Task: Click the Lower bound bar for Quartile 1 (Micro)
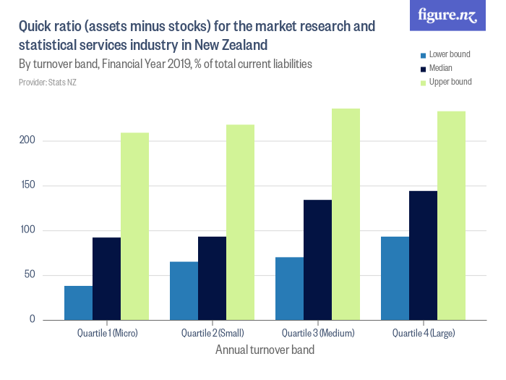[x=78, y=303]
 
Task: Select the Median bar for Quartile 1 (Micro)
[x=106, y=279]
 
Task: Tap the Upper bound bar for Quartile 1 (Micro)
[x=134, y=226]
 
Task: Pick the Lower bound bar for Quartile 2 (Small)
[x=184, y=290]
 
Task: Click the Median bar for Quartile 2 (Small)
[x=212, y=278]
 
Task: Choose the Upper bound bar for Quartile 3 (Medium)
[x=346, y=214]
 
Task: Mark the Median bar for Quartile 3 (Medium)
[x=317, y=260]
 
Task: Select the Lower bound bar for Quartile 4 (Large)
[x=395, y=278]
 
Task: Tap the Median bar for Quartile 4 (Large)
[x=423, y=256]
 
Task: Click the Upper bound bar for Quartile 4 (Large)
[x=451, y=216]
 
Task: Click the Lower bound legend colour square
[x=423, y=55]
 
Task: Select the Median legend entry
[x=440, y=69]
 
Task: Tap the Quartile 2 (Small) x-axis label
[x=212, y=334]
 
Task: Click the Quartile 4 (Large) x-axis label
[x=423, y=334]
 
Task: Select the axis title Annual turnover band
[x=265, y=350]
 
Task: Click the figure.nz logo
[x=447, y=16]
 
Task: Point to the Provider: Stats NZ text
[x=48, y=83]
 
